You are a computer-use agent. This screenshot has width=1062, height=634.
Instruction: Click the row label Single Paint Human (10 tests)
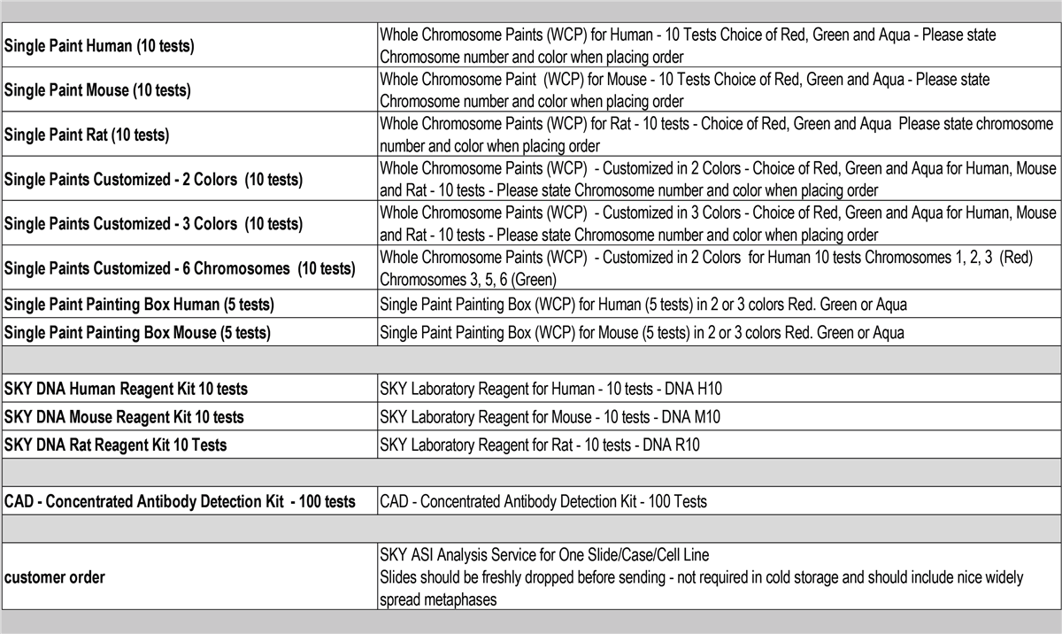coord(99,46)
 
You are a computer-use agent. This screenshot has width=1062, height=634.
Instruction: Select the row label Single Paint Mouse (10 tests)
coord(97,90)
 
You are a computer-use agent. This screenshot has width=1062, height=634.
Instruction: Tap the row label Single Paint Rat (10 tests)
coord(87,135)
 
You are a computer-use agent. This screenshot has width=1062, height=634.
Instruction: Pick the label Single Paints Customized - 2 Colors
coord(153,180)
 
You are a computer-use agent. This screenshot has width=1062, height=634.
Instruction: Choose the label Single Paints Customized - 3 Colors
coord(153,224)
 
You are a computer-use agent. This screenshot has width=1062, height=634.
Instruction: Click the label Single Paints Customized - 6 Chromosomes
coord(180,268)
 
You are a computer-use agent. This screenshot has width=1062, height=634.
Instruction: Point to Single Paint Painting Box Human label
coord(139,305)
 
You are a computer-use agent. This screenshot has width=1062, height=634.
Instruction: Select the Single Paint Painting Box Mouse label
coord(137,333)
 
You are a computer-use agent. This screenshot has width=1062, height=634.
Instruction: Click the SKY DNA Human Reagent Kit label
coord(126,389)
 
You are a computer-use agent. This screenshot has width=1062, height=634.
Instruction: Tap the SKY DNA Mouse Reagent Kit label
coord(124,417)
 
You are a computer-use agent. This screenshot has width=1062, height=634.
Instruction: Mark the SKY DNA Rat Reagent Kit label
coord(115,445)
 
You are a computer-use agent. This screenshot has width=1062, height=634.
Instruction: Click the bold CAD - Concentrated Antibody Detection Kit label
coord(180,502)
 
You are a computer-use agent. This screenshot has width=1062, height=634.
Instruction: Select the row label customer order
coord(55,577)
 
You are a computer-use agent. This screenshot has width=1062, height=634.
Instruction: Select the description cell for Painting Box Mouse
coord(643,333)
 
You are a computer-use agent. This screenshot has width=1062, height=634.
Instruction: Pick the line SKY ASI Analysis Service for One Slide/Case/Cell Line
coord(544,555)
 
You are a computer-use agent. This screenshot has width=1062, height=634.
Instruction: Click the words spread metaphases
coord(437,599)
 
